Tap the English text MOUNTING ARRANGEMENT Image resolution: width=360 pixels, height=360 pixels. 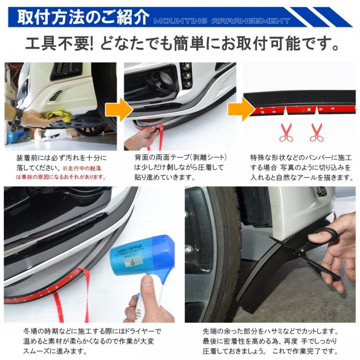tap(222, 21)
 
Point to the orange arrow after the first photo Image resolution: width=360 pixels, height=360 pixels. tap(119, 109)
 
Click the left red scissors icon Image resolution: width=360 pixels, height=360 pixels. tap(286, 133)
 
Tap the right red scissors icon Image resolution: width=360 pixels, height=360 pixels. tap(317, 133)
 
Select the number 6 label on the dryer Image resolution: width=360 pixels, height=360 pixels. tap(133, 262)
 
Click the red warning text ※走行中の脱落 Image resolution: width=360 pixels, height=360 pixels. tap(82, 168)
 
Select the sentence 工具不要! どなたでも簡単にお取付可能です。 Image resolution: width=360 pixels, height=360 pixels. tap(182, 43)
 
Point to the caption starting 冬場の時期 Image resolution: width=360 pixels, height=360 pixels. tap(92, 341)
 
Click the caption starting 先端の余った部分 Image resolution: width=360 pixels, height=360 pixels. tap(270, 341)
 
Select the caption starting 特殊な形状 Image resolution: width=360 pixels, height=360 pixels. tap(301, 168)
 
